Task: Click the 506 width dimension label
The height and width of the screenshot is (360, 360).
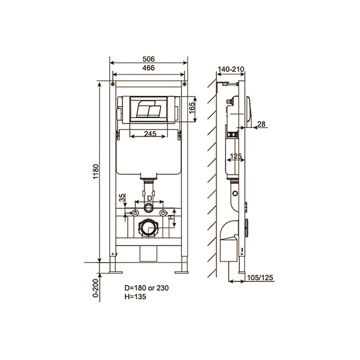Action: [149, 59]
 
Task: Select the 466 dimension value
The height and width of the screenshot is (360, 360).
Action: [149, 68]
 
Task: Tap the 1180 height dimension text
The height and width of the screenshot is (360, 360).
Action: [96, 172]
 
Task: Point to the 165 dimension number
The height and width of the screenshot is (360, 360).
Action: [192, 107]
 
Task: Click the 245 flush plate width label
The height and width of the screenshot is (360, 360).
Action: [150, 134]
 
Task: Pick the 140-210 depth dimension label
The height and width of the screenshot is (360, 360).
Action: [231, 69]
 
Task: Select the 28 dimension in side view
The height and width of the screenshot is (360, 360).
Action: [261, 124]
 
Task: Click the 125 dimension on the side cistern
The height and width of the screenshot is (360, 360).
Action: [236, 156]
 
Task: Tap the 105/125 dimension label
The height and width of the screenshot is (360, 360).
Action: [260, 278]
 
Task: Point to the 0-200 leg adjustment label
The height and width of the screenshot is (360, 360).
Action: [96, 288]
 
